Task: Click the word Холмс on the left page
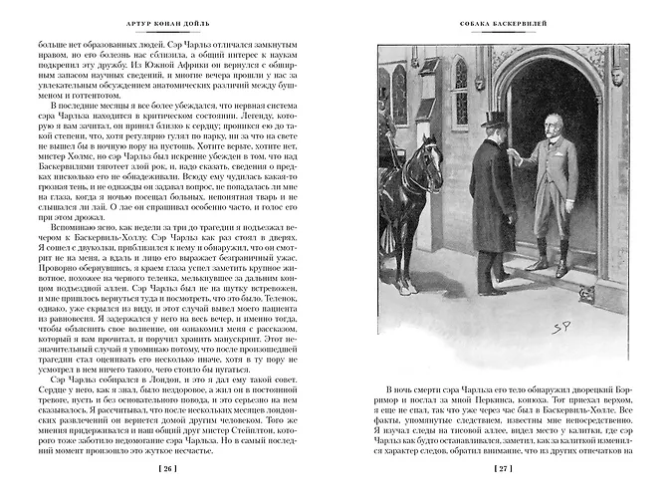click(x=57, y=175)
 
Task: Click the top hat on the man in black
click(x=494, y=121)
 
